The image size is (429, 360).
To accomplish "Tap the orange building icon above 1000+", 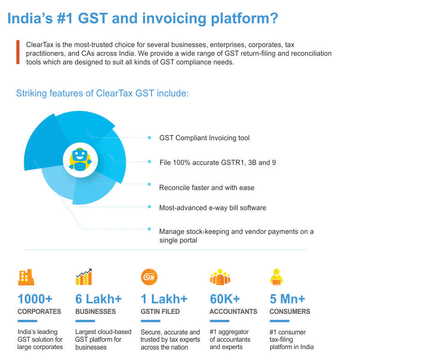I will click(x=26, y=277).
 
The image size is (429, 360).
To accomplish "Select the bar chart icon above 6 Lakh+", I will click(x=84, y=277).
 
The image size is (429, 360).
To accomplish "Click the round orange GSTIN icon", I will click(x=149, y=277).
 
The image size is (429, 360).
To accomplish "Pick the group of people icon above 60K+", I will click(x=220, y=277).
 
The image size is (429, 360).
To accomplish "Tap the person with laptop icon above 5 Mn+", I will click(x=276, y=277).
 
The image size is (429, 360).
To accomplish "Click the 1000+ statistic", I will click(x=35, y=299).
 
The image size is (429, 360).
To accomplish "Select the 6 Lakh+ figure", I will click(x=98, y=299).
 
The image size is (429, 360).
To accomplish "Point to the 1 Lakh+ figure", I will click(x=164, y=299).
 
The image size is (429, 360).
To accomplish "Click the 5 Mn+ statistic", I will click(x=288, y=299).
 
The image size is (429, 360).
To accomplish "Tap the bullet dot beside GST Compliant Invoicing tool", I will click(x=149, y=138).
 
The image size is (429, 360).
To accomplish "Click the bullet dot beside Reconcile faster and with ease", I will click(x=149, y=184).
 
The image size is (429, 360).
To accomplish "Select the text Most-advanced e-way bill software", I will click(x=212, y=208).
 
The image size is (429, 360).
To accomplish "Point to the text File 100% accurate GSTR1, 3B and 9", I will click(x=217, y=163).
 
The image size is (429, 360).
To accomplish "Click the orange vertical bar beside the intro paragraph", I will click(x=18, y=52).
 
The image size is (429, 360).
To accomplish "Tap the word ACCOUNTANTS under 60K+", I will click(x=233, y=312).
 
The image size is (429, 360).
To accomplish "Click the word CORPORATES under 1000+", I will click(x=39, y=312).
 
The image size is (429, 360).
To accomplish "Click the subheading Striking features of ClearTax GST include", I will click(x=102, y=94).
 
